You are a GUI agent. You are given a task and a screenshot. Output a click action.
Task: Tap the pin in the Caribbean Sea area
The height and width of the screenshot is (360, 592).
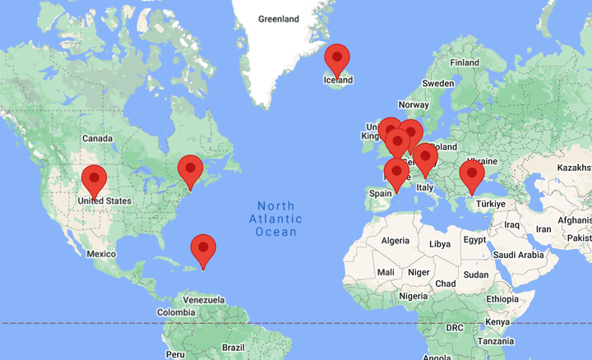(203, 249)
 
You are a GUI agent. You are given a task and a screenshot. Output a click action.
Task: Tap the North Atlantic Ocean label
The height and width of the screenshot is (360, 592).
(276, 219)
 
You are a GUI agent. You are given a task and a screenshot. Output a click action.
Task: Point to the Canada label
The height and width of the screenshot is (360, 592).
(96, 138)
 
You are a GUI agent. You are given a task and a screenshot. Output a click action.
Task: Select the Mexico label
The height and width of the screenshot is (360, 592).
(102, 254)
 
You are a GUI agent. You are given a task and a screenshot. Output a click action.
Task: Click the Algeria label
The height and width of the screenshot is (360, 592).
(395, 241)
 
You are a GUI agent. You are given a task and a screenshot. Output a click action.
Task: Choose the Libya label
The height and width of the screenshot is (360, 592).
(440, 244)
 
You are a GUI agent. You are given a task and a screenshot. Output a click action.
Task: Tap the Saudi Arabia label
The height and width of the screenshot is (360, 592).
(520, 255)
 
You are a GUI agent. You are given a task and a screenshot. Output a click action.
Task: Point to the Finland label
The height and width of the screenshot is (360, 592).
(465, 62)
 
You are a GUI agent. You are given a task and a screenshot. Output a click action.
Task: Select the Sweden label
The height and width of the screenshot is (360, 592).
(437, 83)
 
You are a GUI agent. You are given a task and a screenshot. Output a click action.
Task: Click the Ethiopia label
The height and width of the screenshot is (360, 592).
(502, 299)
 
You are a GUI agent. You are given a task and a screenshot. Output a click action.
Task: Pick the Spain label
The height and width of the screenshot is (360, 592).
(380, 194)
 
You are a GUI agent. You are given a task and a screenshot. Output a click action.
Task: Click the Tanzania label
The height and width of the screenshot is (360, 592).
(496, 341)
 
